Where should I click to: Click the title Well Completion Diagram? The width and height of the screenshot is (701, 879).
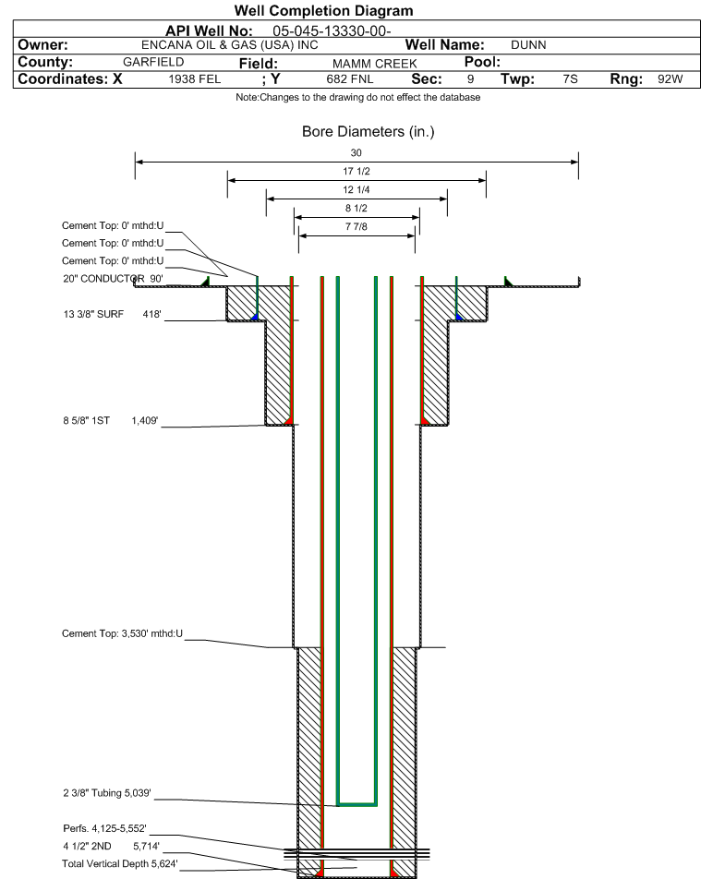pyautogui.click(x=323, y=11)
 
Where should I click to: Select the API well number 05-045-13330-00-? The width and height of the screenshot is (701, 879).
pyautogui.click(x=332, y=30)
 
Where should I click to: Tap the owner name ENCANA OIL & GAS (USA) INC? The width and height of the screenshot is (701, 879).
pyautogui.click(x=229, y=45)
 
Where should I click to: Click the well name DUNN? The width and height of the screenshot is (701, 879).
pyautogui.click(x=528, y=45)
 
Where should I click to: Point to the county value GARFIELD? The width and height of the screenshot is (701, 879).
pyautogui.click(x=153, y=62)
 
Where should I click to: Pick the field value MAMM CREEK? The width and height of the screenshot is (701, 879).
pyautogui.click(x=375, y=64)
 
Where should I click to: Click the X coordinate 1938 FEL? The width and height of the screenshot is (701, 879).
pyautogui.click(x=195, y=79)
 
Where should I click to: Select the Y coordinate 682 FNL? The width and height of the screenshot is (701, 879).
pyautogui.click(x=350, y=79)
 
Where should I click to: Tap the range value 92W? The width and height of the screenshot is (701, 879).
pyautogui.click(x=671, y=79)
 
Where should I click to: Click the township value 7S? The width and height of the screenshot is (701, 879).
pyautogui.click(x=571, y=79)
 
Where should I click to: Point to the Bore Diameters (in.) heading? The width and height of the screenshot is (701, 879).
pyautogui.click(x=368, y=132)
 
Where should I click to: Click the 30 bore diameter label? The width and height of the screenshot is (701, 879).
pyautogui.click(x=357, y=152)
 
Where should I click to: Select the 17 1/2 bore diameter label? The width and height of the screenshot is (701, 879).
pyautogui.click(x=357, y=171)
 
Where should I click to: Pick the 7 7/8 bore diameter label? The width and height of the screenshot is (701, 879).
pyautogui.click(x=357, y=226)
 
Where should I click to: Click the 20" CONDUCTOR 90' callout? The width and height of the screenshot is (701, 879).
pyautogui.click(x=113, y=279)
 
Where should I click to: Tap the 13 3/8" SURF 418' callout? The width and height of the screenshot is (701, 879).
pyautogui.click(x=112, y=314)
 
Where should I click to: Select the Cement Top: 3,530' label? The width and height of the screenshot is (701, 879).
pyautogui.click(x=122, y=633)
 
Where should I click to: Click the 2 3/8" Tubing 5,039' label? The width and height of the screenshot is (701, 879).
pyautogui.click(x=106, y=792)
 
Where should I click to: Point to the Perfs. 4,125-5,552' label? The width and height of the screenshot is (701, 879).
pyautogui.click(x=105, y=828)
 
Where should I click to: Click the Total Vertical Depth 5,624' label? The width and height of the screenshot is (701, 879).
pyautogui.click(x=119, y=863)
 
